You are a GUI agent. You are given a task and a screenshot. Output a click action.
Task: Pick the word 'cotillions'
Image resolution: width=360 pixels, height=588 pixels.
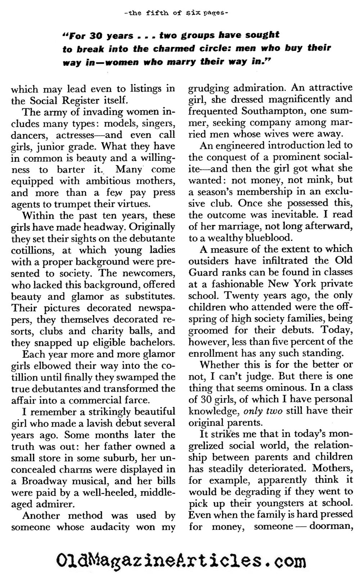pos(33,250)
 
